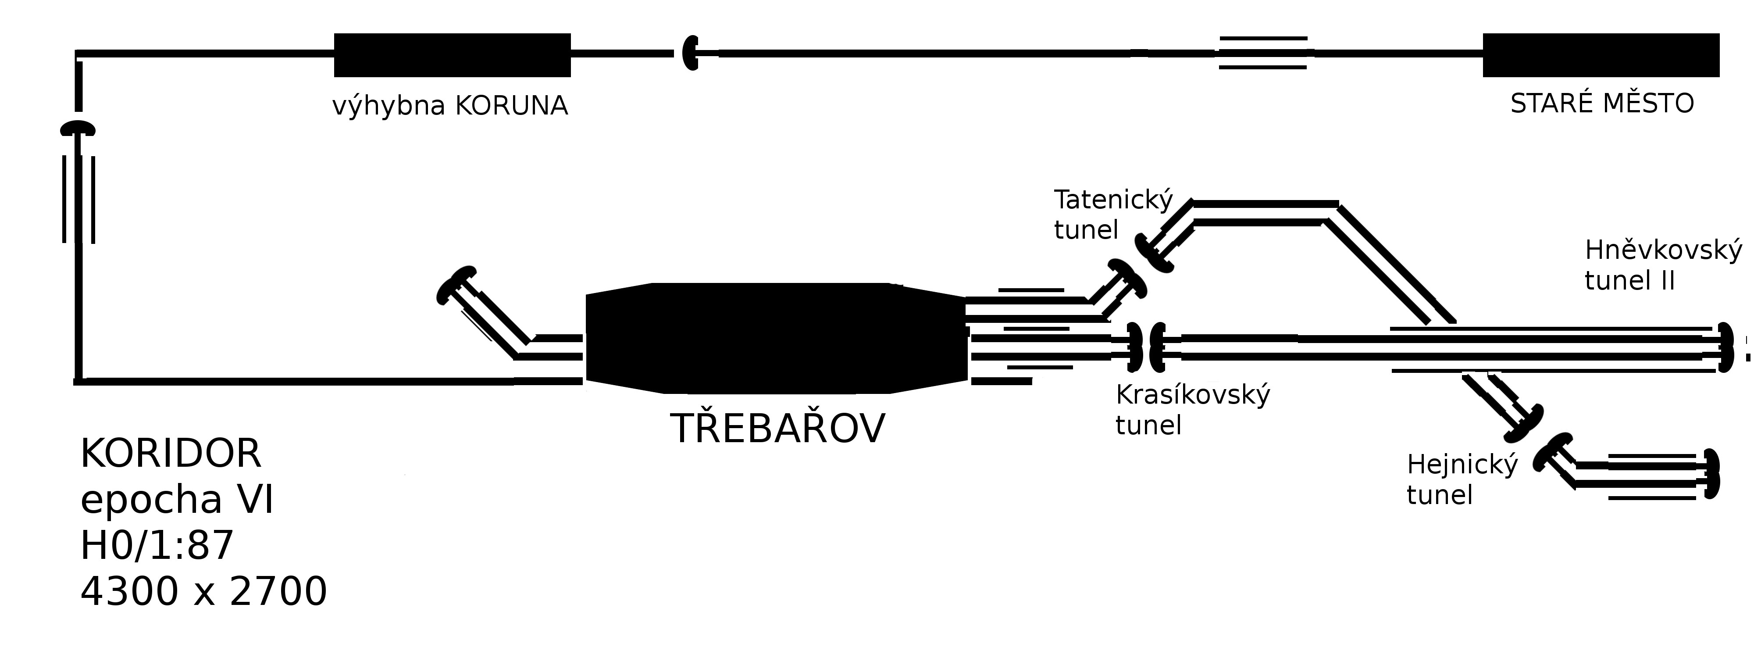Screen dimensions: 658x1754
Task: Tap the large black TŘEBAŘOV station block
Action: click(776, 338)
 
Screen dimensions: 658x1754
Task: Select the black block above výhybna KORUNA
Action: click(452, 55)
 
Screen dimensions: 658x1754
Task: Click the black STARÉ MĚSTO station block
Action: click(1601, 55)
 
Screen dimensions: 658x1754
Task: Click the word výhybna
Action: click(389, 106)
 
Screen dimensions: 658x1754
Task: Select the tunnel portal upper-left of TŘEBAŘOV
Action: click(456, 285)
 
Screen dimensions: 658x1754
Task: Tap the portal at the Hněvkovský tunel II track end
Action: click(1724, 347)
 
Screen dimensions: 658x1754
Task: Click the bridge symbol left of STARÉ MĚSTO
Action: click(1262, 53)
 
